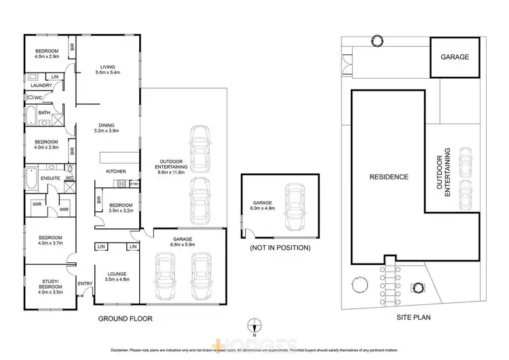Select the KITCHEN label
[116, 171]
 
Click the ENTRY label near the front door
[85, 284]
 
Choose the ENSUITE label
[50, 179]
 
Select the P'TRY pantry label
[134, 184]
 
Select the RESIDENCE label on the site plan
[389, 177]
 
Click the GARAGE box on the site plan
[455, 57]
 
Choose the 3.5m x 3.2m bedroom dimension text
[120, 211]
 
